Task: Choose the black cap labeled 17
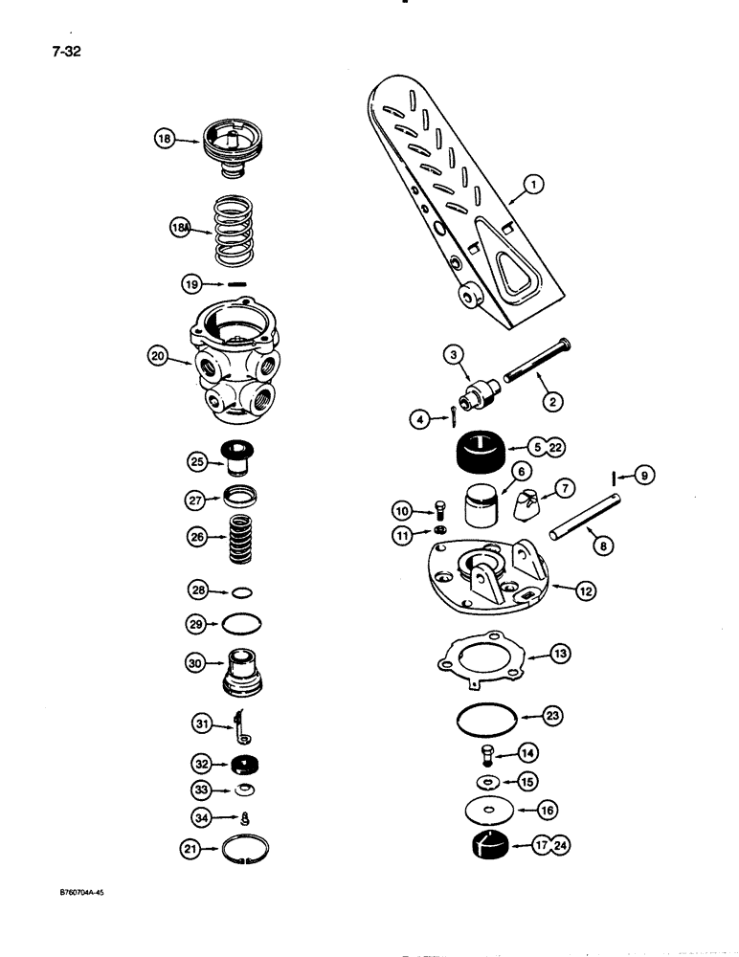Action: pos(483,846)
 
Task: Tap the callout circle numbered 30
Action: pos(196,661)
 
